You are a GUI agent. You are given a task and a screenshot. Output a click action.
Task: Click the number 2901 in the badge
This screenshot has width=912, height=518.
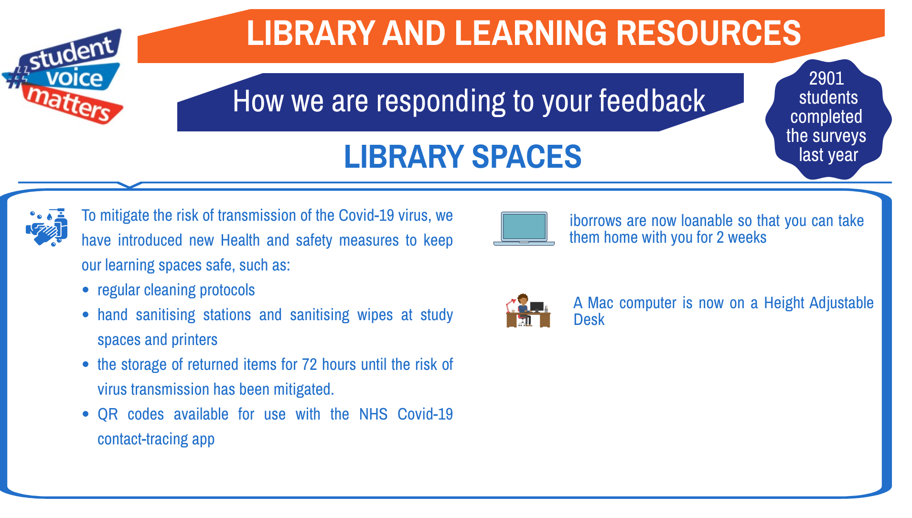pos(826,78)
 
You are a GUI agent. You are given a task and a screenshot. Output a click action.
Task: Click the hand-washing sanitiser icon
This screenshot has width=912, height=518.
pos(46,227)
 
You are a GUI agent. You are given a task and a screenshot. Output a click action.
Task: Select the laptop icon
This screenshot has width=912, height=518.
pos(524,228)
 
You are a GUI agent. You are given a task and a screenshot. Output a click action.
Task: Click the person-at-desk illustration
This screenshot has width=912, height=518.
pos(528,311)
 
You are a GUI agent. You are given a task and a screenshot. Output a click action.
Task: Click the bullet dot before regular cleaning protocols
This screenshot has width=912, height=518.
pos(86,290)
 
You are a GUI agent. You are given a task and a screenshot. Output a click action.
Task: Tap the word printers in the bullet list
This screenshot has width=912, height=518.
pos(194,340)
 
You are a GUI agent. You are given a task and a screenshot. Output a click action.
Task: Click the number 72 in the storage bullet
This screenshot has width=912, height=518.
pos(310,365)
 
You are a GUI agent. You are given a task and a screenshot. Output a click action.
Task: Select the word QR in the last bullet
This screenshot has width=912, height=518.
pos(107,414)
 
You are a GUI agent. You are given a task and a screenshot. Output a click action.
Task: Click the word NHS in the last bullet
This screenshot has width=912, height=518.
pos(373,414)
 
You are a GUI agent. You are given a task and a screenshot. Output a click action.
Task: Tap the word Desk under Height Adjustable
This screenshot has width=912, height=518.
pos(589,320)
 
